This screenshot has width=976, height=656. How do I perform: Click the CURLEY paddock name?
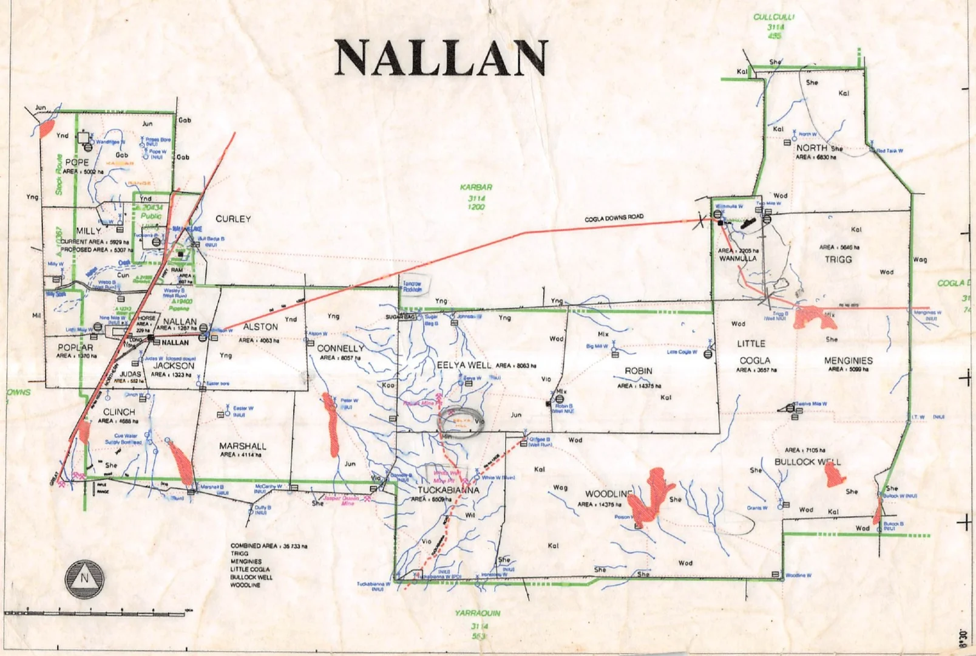[233, 219]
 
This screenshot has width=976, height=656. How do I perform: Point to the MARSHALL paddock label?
[243, 446]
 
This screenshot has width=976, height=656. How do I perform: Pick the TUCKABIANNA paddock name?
[449, 490]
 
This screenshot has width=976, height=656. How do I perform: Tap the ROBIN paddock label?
[639, 371]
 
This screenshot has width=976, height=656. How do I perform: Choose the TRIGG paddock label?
[838, 259]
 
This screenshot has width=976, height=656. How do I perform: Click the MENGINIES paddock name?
[848, 360]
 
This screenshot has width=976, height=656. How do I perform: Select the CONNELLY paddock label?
[341, 348]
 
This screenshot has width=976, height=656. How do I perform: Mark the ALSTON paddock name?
[260, 327]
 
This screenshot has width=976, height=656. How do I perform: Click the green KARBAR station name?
[476, 188]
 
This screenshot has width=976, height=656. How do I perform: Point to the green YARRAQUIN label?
[478, 613]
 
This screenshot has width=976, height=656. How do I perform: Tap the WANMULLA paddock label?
[738, 258]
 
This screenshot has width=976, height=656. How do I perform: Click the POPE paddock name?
[77, 162]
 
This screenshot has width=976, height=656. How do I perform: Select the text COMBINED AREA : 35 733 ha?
[268, 546]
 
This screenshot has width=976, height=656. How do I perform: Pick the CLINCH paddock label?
[119, 412]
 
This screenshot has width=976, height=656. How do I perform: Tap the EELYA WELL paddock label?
[464, 365]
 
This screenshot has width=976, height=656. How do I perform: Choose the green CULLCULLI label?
[774, 17]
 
